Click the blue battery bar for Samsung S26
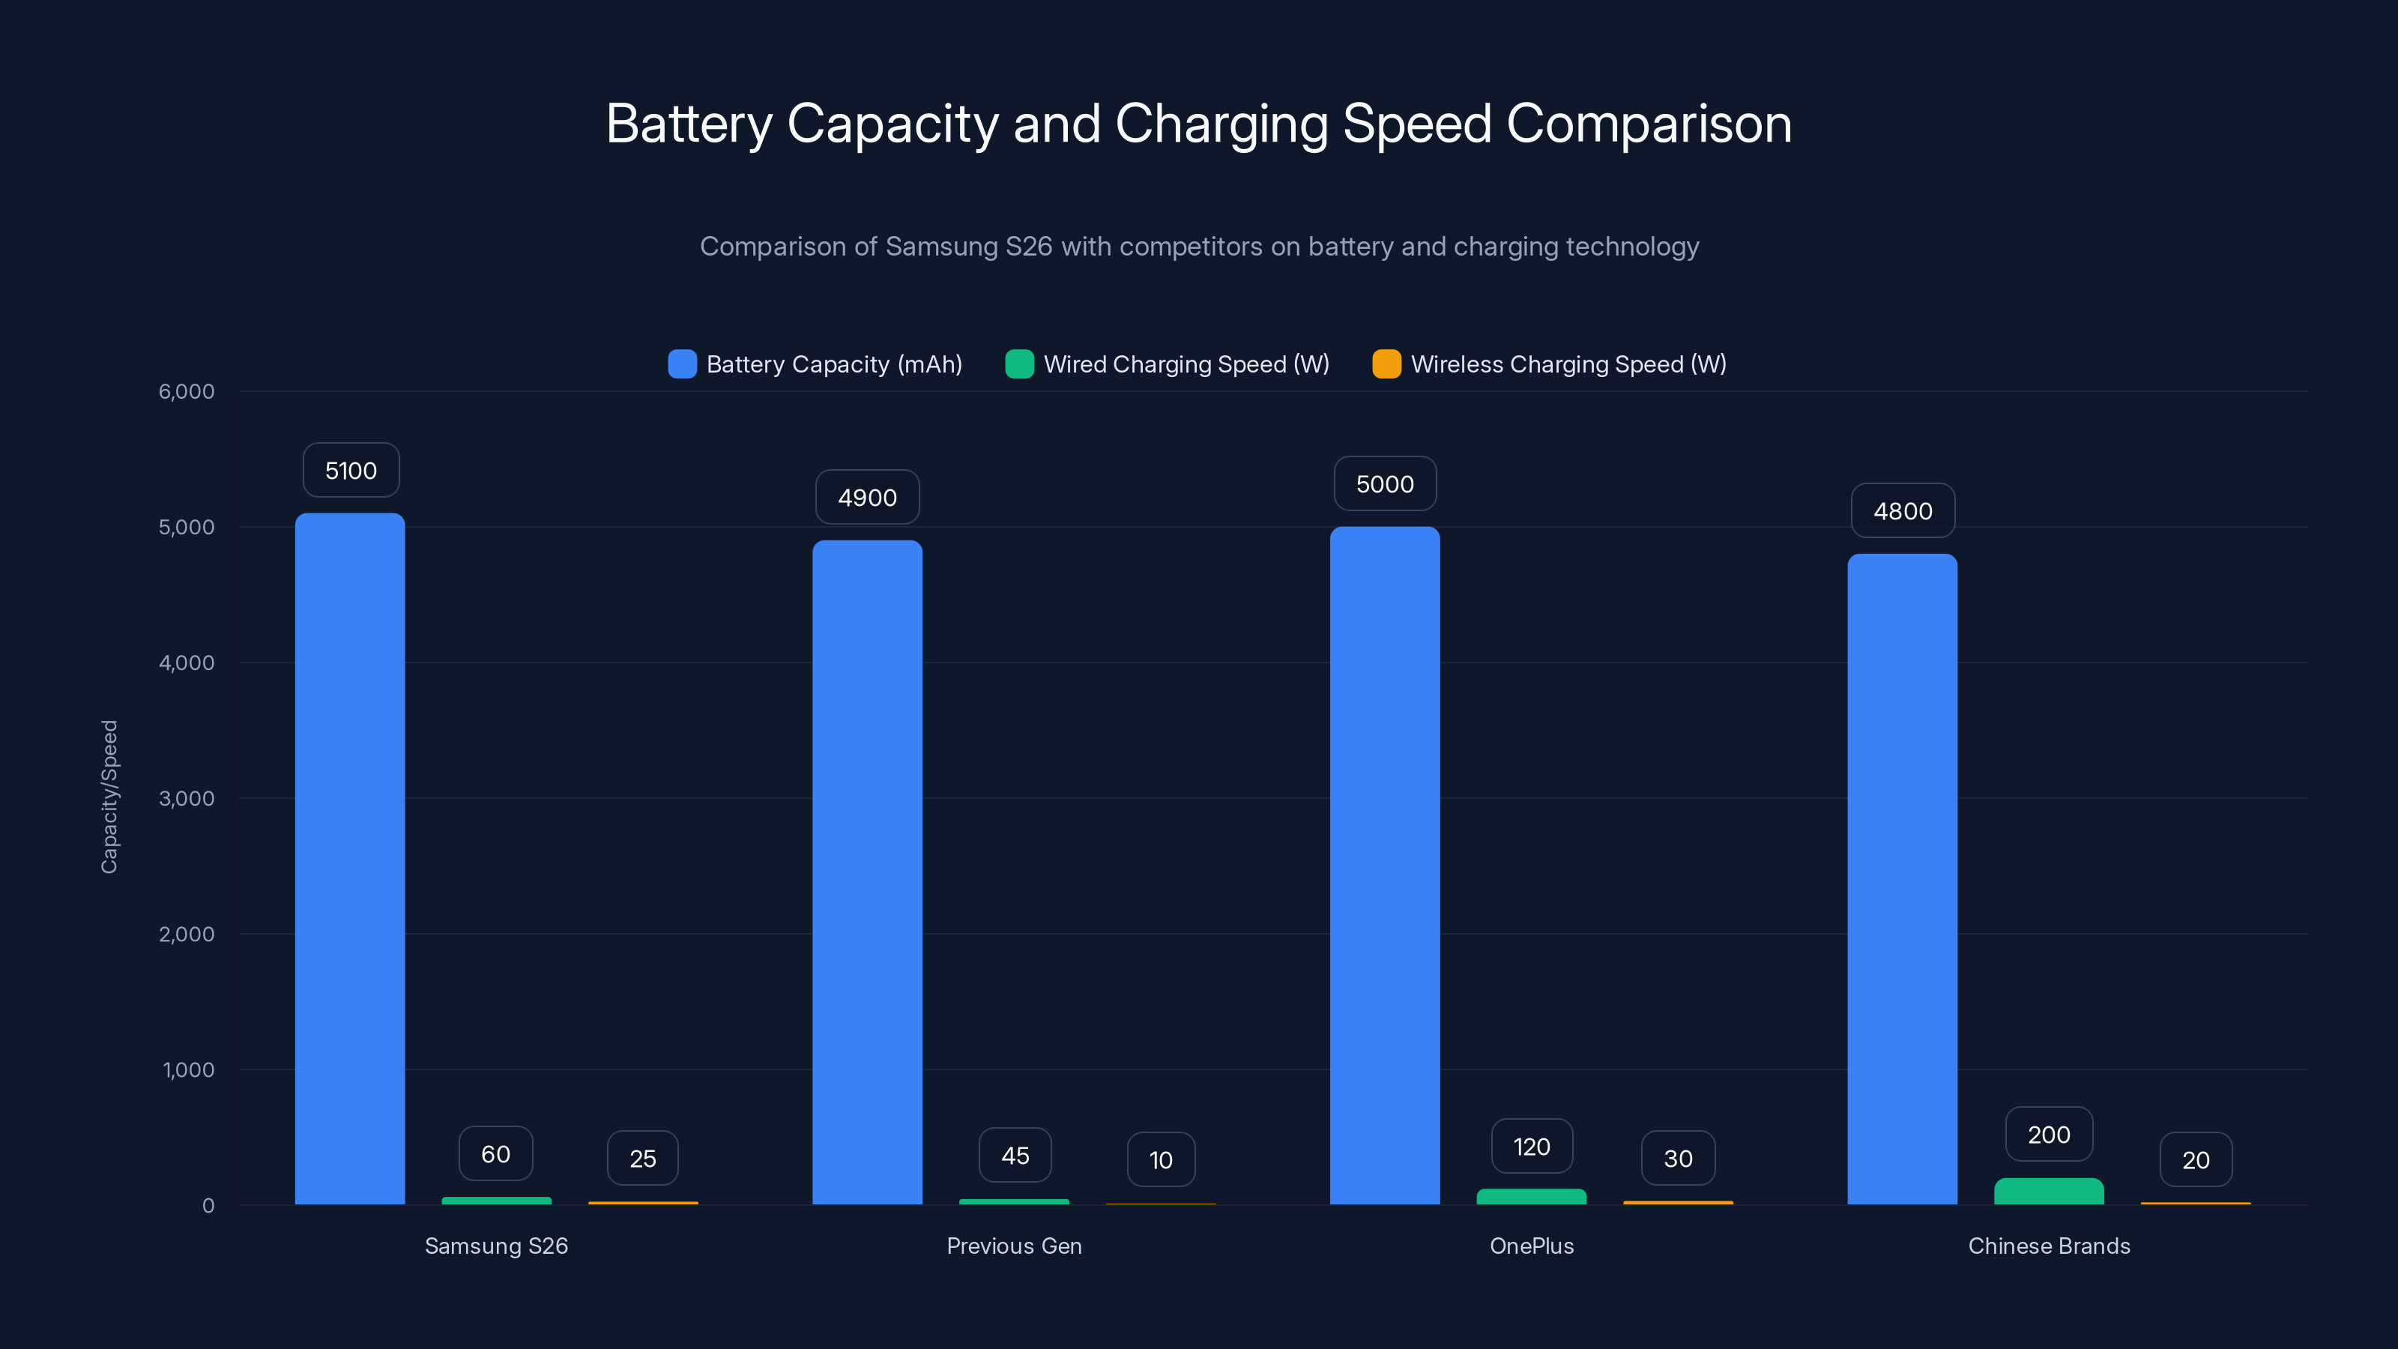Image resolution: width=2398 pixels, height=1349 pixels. coord(350,857)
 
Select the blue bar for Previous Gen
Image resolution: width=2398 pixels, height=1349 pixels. coord(867,870)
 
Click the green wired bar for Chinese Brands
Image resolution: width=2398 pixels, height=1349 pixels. coord(2048,1192)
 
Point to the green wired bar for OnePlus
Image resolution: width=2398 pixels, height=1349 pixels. coord(1531,1196)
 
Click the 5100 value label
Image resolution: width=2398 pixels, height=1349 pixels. coord(351,470)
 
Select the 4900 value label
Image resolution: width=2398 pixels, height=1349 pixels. coord(867,497)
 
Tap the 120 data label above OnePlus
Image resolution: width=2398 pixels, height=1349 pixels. coord(1531,1146)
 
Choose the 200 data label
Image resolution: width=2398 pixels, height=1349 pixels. coord(2048,1134)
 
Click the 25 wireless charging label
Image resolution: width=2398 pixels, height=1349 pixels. coord(642,1158)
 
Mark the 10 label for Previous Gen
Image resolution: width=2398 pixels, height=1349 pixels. coord(1161,1159)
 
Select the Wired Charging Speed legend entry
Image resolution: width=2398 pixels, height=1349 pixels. coord(1185,364)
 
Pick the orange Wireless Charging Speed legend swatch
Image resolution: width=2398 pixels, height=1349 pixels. coord(1386,364)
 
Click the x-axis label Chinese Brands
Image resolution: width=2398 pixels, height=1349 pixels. coord(2048,1246)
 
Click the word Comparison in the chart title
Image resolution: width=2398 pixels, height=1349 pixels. coord(1649,124)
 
